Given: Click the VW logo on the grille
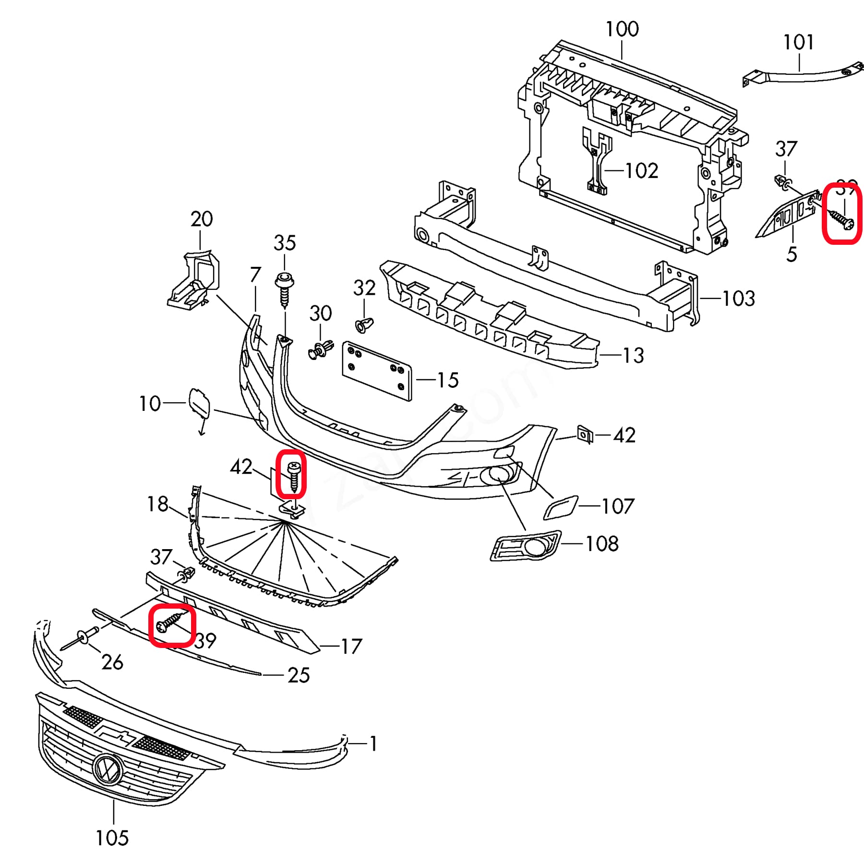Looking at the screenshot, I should pos(108,770).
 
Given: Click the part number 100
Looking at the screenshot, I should pos(622,29).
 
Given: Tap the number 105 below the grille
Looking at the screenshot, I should pos(112,838).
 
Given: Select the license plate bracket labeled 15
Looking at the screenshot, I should pos(377,371).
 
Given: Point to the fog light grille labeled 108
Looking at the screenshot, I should pos(526,546).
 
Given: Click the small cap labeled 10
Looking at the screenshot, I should pos(198,402).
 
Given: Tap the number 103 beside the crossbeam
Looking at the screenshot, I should pos(738,299).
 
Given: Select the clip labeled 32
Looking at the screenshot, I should pos(364,325).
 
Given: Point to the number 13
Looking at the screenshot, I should pos(633,356).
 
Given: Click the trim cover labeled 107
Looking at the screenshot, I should pos(561,508).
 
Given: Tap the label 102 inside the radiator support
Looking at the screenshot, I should pos(641,170).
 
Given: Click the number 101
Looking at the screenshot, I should pos(798,42).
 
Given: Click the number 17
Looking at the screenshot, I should pos(351,647).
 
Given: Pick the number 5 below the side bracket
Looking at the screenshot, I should pos(792,254).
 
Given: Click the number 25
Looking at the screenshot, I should pos(298,675).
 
